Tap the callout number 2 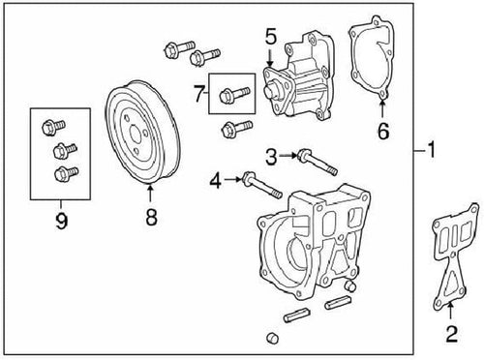(450, 335)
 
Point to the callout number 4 (217, 179)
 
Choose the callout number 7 (199, 94)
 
